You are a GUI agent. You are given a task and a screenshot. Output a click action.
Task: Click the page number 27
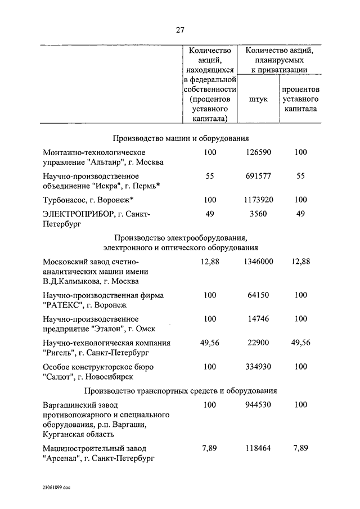click(x=180, y=30)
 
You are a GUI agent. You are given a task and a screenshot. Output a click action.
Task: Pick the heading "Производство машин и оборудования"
click(x=181, y=138)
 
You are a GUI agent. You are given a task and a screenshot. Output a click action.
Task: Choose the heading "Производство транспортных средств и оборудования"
click(x=181, y=390)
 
